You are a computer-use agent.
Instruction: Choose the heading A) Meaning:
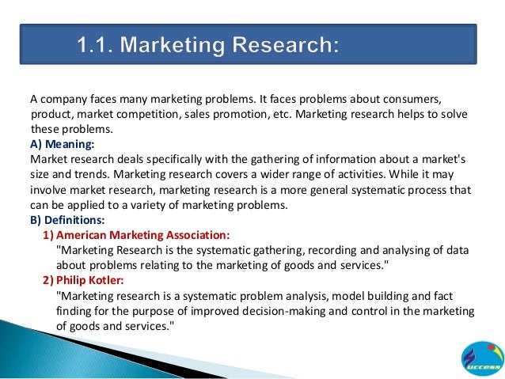tap(62, 144)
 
